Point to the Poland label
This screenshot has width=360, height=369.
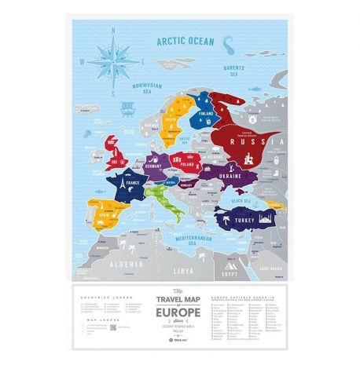coord(188,166)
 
